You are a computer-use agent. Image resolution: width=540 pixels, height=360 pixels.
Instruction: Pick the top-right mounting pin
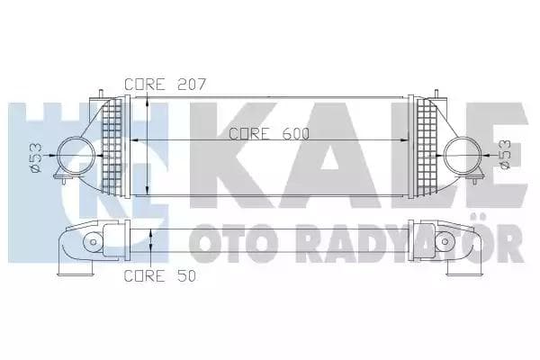pos(436,94)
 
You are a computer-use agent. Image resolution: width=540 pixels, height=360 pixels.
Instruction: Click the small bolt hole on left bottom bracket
pos(93,243)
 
